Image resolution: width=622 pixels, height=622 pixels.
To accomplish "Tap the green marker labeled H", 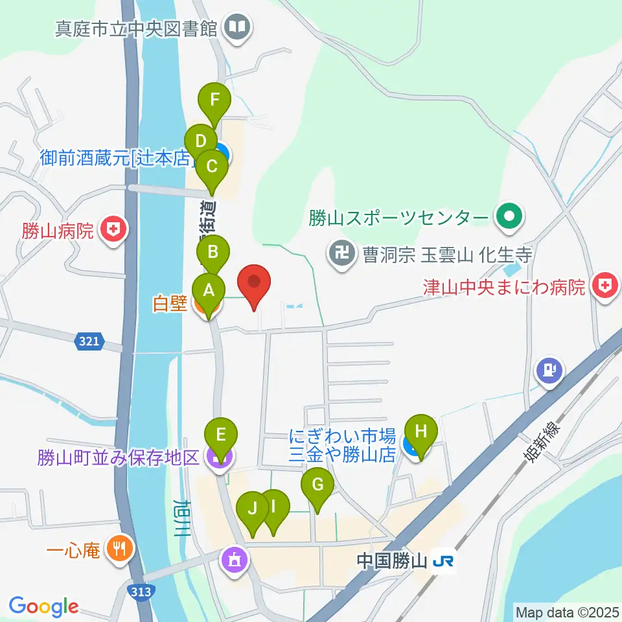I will [x=420, y=431].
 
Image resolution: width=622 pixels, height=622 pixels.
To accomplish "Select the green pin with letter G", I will [x=317, y=484].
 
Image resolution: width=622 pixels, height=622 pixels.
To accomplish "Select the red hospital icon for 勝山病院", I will [x=114, y=231].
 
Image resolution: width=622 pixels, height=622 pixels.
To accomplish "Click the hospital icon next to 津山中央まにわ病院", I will [x=605, y=286].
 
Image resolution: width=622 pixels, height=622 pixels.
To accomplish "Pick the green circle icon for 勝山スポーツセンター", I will [x=509, y=216].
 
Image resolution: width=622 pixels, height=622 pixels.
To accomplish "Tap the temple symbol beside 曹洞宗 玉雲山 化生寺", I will [x=341, y=251].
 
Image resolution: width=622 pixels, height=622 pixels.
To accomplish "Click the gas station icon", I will [x=549, y=371].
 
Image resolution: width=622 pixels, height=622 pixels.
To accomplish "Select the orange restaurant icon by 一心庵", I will [x=119, y=550].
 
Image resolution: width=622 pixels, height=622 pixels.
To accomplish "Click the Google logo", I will [x=43, y=606].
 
